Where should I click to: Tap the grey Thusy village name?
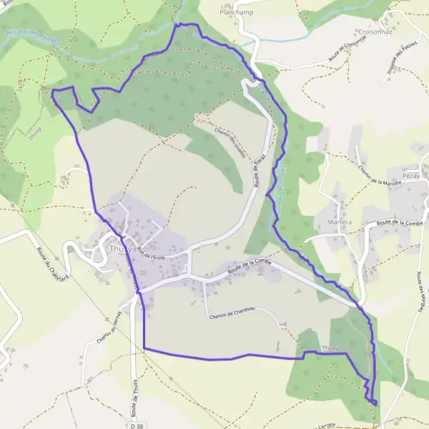click(119, 249)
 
